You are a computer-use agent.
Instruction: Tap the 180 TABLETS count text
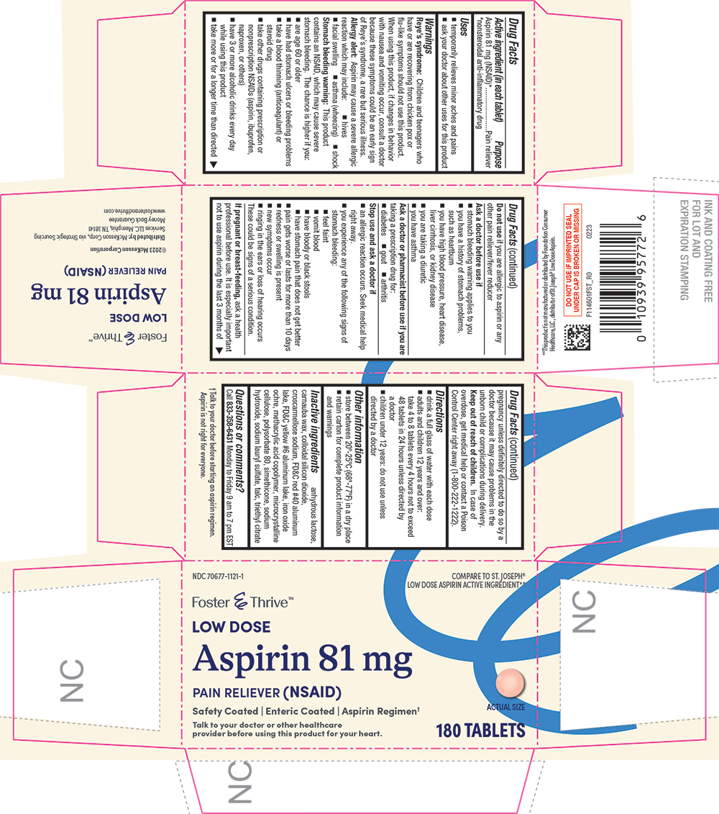point(480,731)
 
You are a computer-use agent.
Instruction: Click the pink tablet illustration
point(510,683)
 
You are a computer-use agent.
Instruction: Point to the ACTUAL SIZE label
point(505,707)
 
